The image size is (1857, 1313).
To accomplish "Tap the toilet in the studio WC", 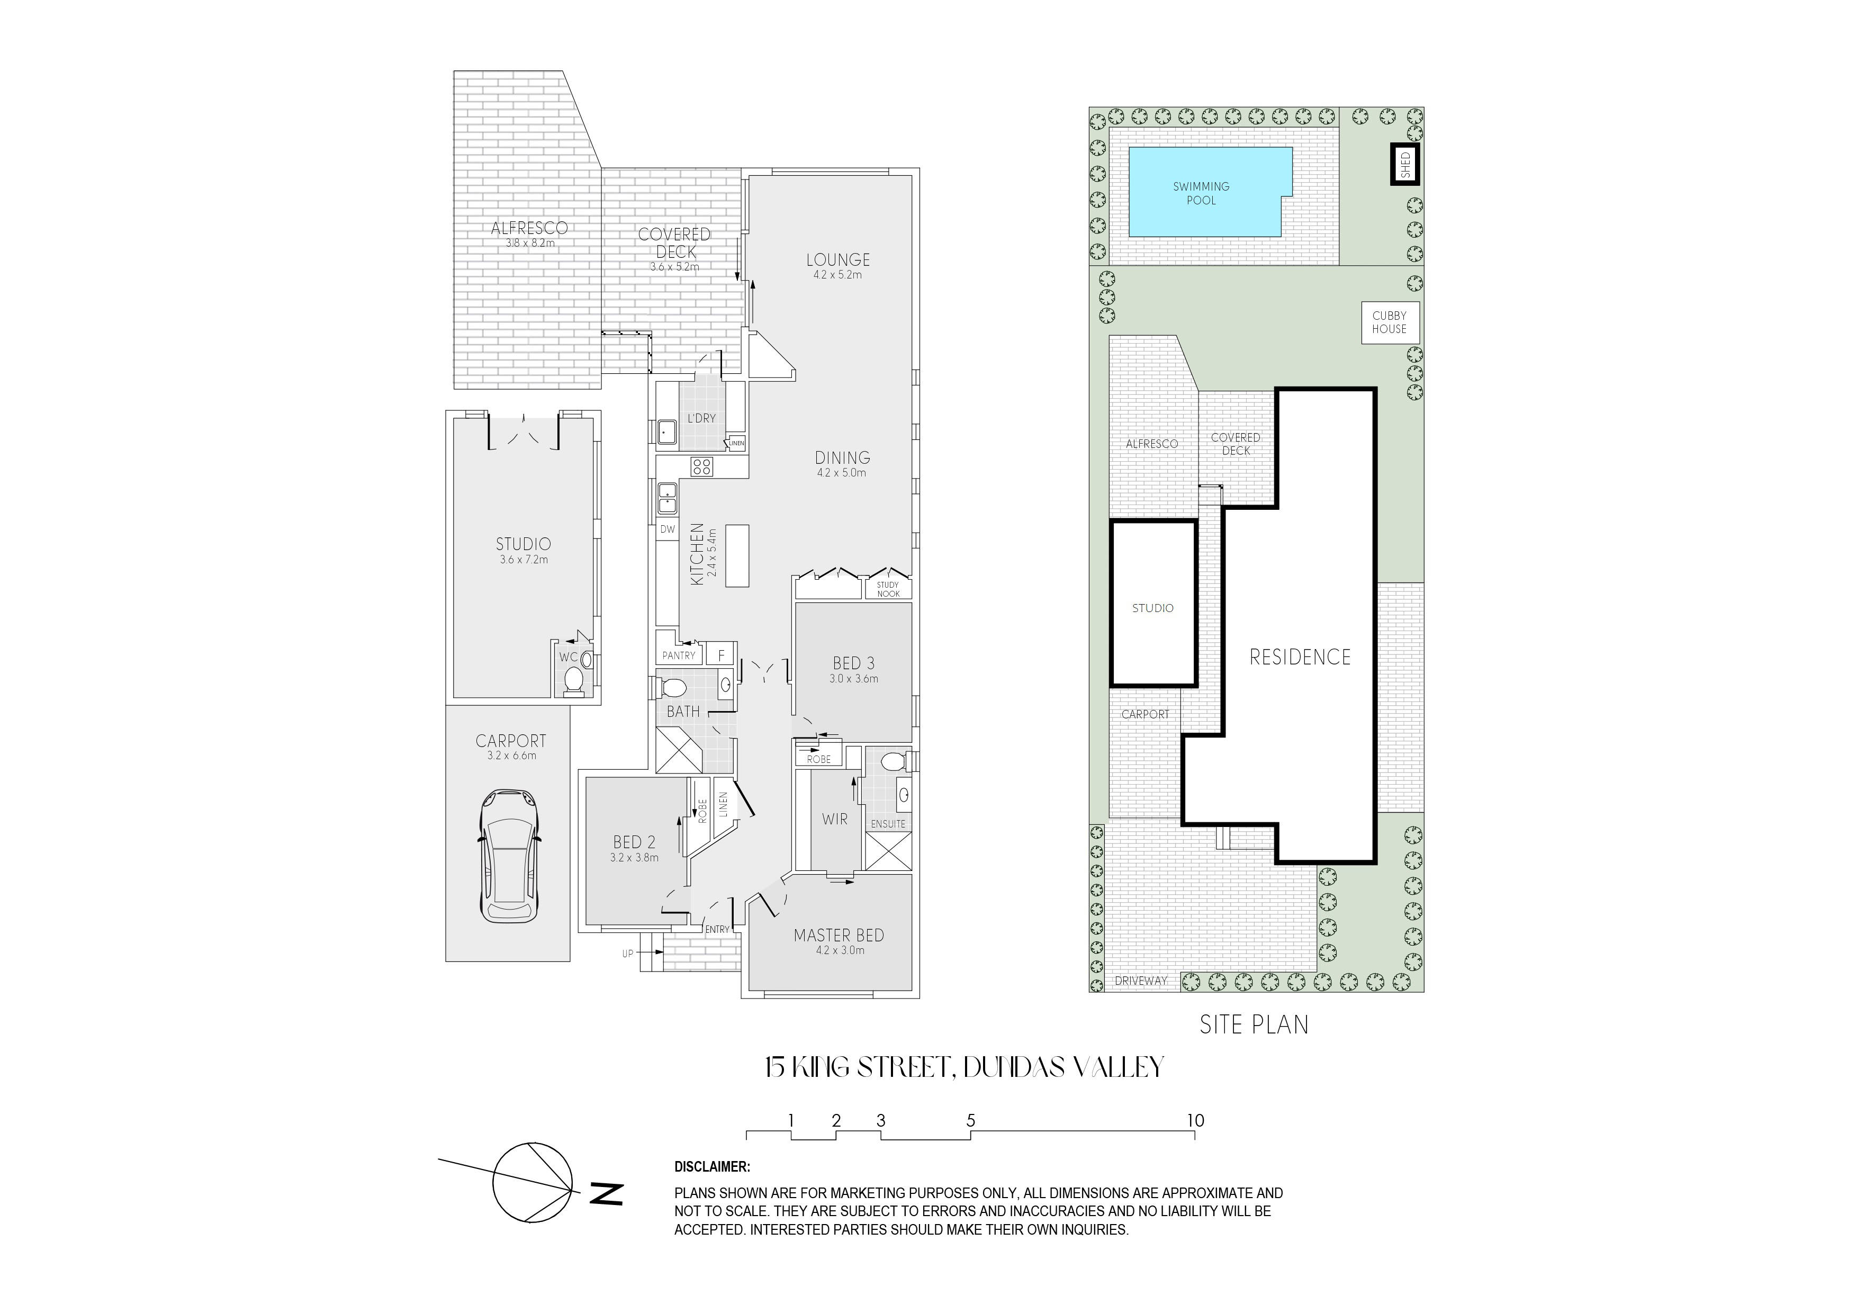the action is (x=573, y=680).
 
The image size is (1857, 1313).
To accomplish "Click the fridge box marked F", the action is (x=720, y=654).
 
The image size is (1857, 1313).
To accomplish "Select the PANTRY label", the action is (x=679, y=655).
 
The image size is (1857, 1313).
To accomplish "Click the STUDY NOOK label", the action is (x=888, y=589).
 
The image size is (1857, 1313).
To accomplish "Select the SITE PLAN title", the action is (x=1254, y=1025).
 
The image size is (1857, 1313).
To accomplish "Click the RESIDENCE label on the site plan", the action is (x=1300, y=657).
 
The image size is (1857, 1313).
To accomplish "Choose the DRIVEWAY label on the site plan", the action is (x=1141, y=981).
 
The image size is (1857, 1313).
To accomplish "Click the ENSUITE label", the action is (x=888, y=824).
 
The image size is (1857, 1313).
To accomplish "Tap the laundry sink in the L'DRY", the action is (x=666, y=432).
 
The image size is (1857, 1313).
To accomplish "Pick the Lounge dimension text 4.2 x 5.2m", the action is (x=838, y=275).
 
